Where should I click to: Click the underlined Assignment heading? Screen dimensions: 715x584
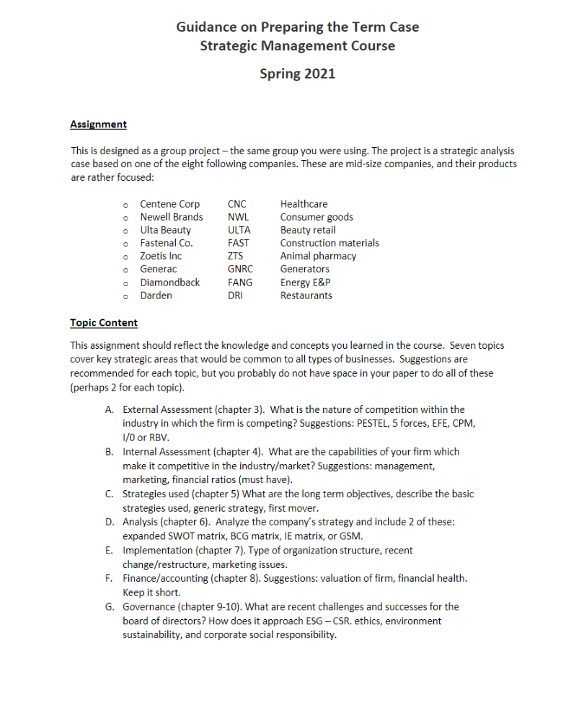98,124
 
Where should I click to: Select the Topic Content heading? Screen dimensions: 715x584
104,322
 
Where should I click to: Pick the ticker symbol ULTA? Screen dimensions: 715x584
239,230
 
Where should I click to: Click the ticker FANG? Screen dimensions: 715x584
240,283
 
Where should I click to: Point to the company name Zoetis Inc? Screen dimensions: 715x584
161,256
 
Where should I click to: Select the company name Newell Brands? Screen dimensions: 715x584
172,217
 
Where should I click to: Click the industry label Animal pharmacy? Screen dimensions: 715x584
318,256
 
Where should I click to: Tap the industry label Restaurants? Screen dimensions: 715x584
306,296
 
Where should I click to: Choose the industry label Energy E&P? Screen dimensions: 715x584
306,283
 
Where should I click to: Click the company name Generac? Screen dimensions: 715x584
159,269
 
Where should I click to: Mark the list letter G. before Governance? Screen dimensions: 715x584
109,607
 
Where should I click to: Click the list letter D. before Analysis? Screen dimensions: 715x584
109,521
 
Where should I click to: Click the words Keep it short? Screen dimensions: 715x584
148,592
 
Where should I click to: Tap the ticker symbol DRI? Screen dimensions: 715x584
235,296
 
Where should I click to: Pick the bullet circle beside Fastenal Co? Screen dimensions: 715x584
125,244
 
